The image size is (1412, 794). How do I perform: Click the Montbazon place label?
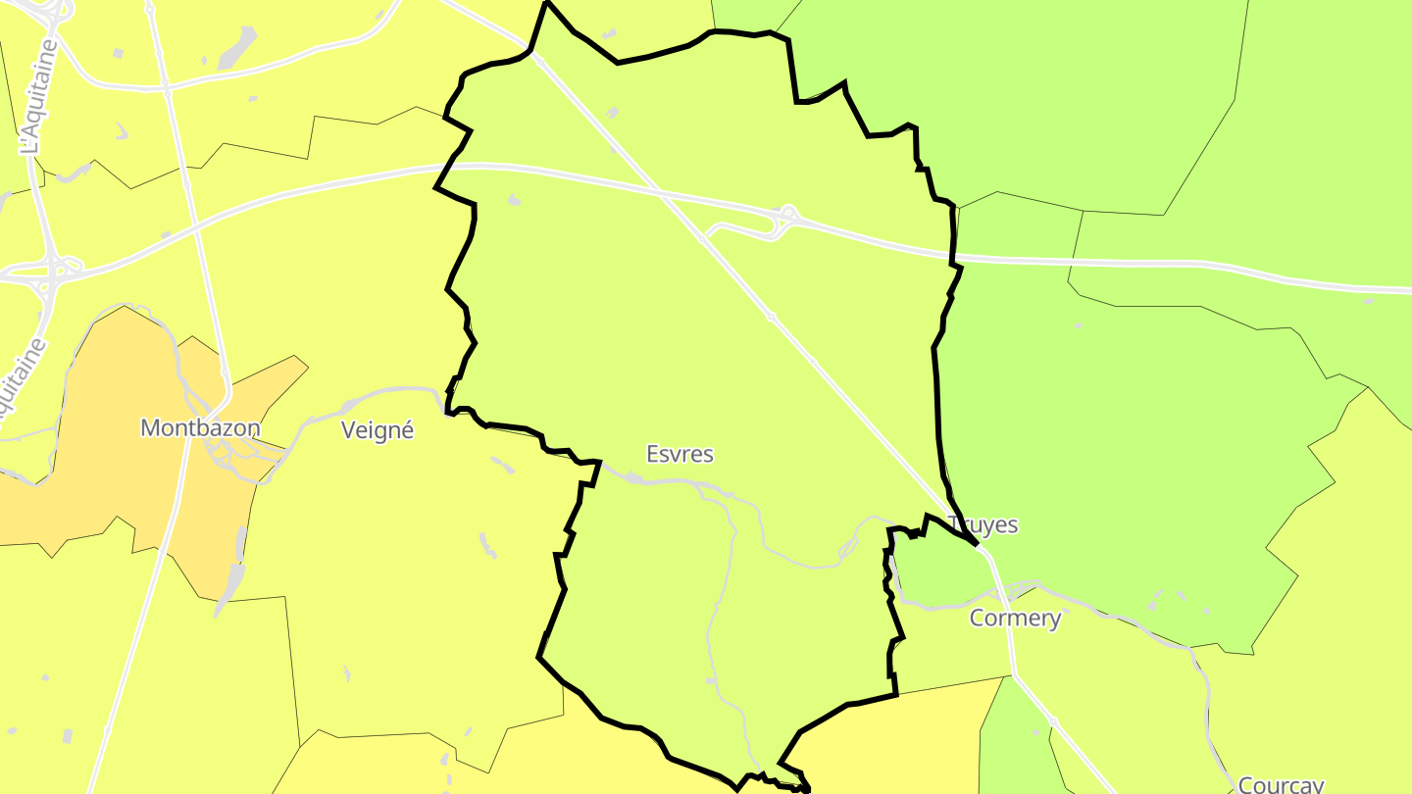200,428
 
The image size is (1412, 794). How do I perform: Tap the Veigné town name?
378,430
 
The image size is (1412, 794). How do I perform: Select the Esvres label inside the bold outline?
680,455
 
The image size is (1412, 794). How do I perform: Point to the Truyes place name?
983,525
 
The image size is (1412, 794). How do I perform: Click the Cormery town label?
1015,619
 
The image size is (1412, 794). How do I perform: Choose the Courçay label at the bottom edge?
1281,785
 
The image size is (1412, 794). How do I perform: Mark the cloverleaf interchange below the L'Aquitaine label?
54,270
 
